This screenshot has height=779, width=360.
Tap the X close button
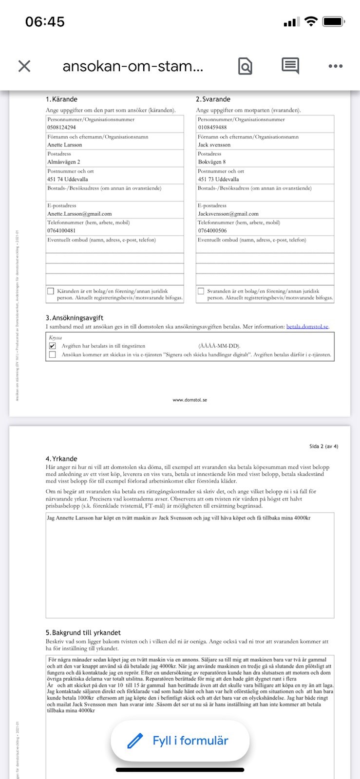click(24, 66)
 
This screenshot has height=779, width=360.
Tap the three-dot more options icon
click(335, 66)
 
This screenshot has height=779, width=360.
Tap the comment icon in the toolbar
click(290, 66)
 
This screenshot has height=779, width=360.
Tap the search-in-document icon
click(245, 66)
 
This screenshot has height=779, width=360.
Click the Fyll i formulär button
click(180, 741)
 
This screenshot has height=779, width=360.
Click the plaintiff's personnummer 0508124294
click(61, 128)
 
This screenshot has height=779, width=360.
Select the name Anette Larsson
click(65, 145)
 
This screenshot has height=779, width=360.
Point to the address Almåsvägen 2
click(64, 162)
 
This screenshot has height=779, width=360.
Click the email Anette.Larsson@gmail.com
click(79, 214)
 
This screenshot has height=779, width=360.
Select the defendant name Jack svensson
click(214, 145)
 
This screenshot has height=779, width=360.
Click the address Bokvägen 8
click(212, 162)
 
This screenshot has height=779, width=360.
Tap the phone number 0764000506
click(212, 231)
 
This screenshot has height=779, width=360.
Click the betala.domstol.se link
click(307, 327)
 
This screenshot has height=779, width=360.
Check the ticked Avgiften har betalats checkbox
click(53, 346)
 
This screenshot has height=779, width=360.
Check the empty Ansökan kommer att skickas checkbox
click(53, 355)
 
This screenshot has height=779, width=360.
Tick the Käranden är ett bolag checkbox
click(51, 291)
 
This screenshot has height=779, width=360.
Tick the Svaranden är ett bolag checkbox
click(201, 291)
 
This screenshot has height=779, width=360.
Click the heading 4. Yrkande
click(61, 459)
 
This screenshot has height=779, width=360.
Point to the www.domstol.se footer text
click(189, 400)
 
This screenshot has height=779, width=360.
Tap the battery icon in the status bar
click(334, 21)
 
